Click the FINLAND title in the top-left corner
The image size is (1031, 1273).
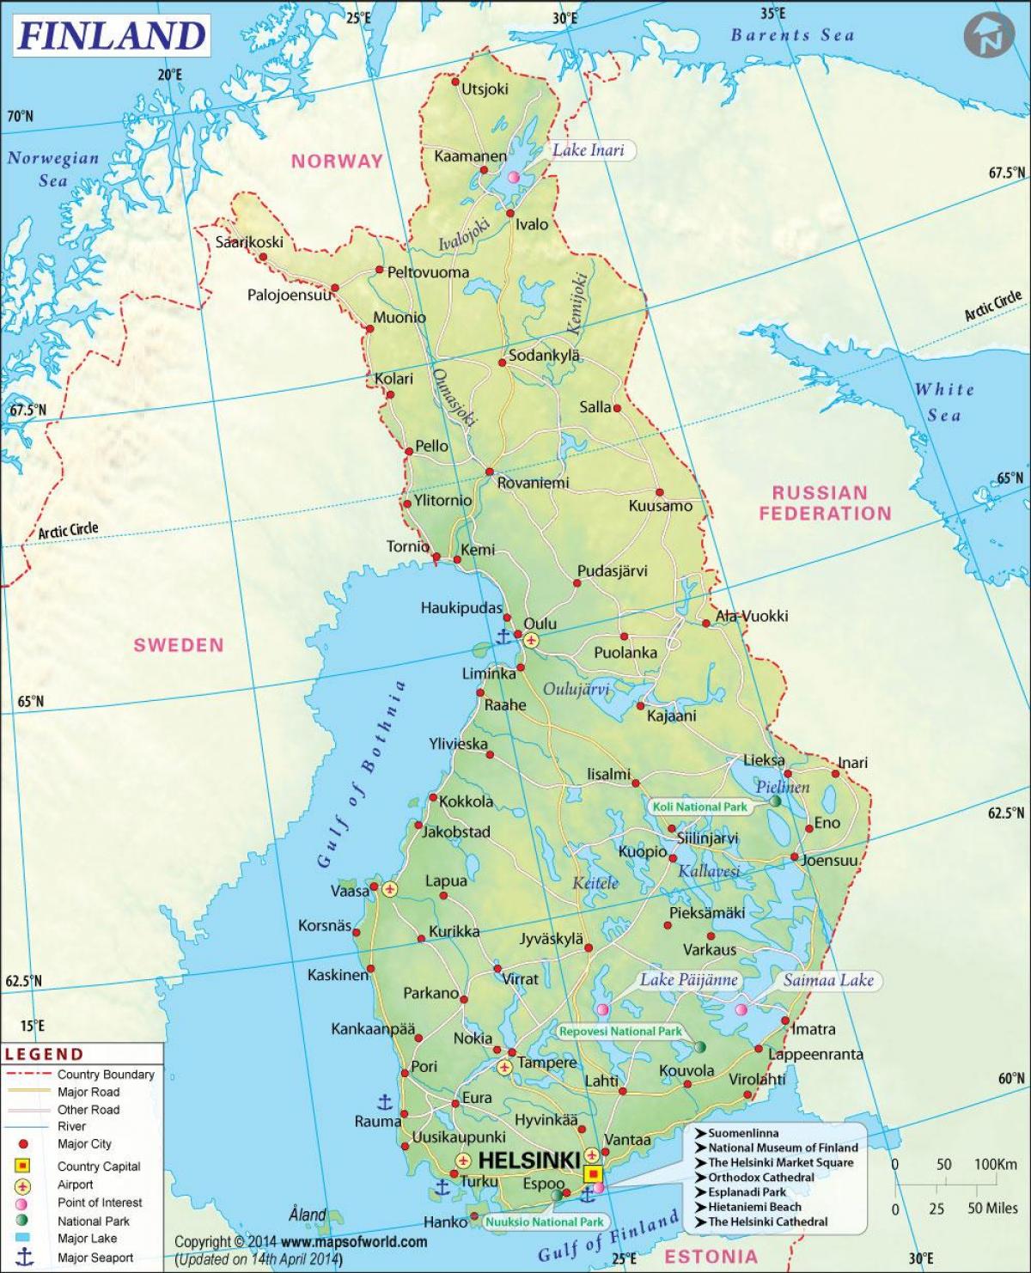pos(111,35)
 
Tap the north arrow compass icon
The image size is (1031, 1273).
pos(988,36)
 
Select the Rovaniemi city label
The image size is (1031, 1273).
pos(533,483)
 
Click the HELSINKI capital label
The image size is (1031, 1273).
pos(528,1160)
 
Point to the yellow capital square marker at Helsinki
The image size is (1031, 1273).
pos(593,1173)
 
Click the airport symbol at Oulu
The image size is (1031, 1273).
pos(531,640)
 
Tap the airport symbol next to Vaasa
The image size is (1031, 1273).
pos(391,889)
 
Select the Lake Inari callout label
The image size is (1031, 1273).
pos(588,150)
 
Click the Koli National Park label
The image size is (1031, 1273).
pos(699,807)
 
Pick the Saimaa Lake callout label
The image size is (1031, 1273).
pos(827,980)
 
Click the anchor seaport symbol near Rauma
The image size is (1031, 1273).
pos(385,1102)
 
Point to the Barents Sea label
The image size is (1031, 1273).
pos(792,35)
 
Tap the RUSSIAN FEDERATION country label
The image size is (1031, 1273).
pos(825,503)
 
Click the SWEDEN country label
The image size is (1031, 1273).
pos(178,645)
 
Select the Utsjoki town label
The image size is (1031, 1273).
pos(485,88)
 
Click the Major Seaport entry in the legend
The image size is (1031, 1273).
pos(95,1258)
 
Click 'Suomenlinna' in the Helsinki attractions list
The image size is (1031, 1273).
pos(742,1133)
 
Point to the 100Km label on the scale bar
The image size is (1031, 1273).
pos(996,1165)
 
